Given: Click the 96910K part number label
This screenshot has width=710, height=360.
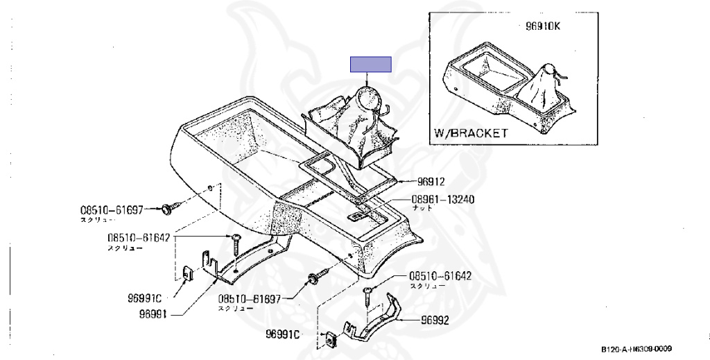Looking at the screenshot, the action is click(544, 28).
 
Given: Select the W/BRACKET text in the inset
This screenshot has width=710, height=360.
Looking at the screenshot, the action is click(471, 132).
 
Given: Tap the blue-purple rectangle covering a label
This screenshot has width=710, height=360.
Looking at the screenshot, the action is click(371, 65).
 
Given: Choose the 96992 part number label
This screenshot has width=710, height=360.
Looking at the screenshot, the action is click(436, 321).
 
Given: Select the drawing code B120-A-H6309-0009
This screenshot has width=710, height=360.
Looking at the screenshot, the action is click(637, 350).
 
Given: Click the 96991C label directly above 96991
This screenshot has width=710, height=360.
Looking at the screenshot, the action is click(144, 299).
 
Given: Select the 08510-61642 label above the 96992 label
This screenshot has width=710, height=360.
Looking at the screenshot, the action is click(440, 275).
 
